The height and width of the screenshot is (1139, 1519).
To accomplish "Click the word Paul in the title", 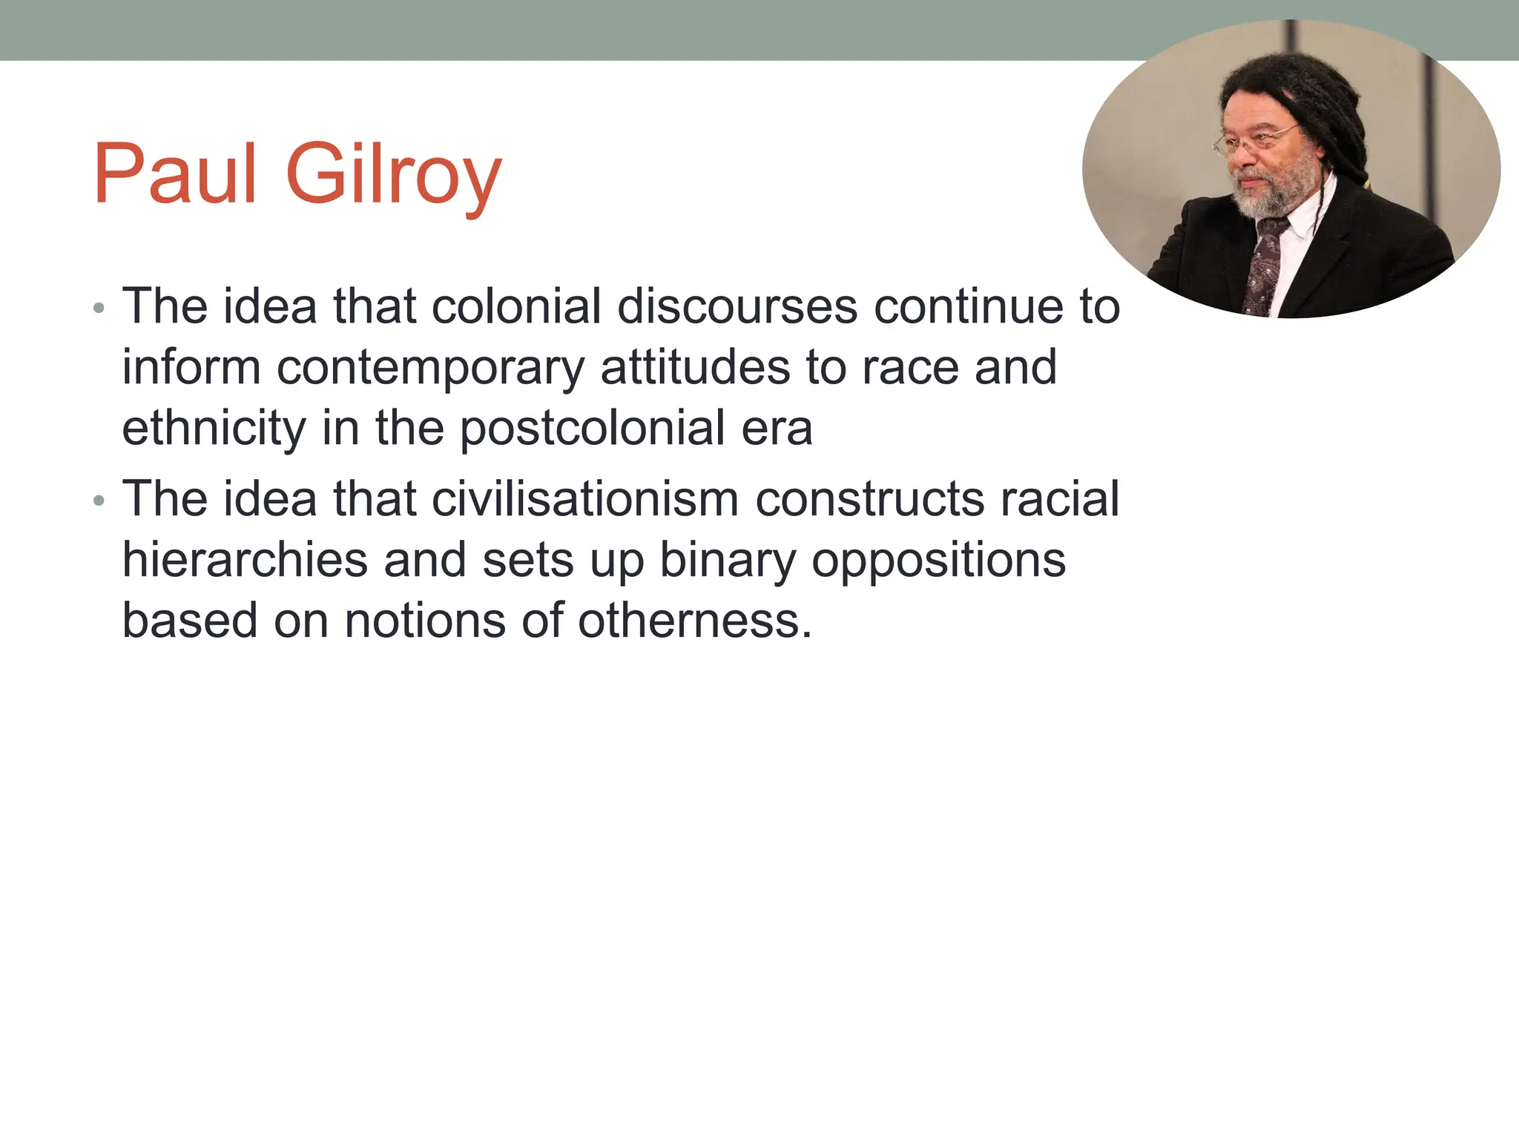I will [175, 175].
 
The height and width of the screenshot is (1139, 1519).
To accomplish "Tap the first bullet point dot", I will [99, 308].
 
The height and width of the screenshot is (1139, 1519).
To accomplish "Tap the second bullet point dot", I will [99, 501].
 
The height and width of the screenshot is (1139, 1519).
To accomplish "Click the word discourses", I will [737, 306].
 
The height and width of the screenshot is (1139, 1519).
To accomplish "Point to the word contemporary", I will [430, 369].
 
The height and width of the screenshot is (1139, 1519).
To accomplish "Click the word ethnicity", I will [214, 429].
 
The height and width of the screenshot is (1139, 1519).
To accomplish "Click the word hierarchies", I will [245, 560].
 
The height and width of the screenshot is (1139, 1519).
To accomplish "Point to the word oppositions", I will [938, 561].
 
